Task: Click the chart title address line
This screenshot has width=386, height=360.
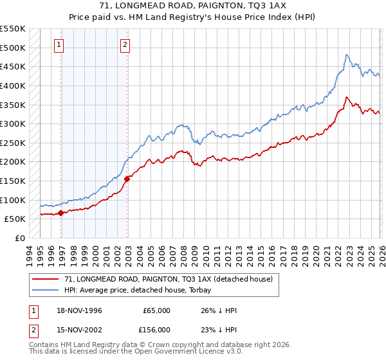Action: (x=193, y=5)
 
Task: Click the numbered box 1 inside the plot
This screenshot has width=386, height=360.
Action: (x=59, y=45)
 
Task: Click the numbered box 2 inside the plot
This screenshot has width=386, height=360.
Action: (x=125, y=45)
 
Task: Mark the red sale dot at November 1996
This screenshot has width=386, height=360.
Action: (x=60, y=213)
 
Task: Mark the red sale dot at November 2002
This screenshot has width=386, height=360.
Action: (x=127, y=179)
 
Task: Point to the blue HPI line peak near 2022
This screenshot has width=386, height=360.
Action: (x=346, y=55)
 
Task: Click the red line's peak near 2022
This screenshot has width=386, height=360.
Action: (x=346, y=98)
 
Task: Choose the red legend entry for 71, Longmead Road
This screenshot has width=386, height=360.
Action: (x=169, y=279)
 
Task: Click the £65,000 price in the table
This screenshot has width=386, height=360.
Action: (x=155, y=310)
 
